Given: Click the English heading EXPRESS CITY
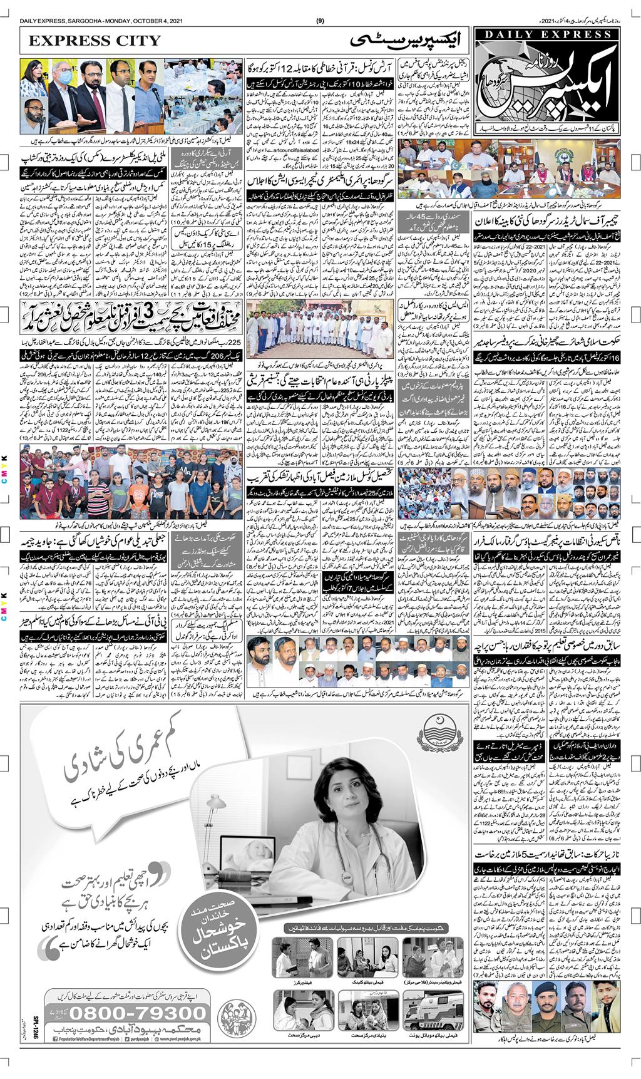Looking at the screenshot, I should pos(95,41).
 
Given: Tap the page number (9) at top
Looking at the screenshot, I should pos(320,21).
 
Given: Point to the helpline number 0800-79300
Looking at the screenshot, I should pos(138,1013).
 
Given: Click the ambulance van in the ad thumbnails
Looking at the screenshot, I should pos(425,1008).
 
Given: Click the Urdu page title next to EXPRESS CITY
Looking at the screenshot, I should pos(404,41).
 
